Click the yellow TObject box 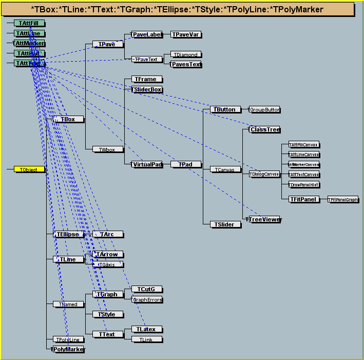pyautogui.click(x=29, y=169)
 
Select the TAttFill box pyautogui.click(x=29, y=23)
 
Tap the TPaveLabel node pyautogui.click(x=147, y=34)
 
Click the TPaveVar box pyautogui.click(x=186, y=34)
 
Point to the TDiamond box pyautogui.click(x=185, y=54)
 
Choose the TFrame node pyautogui.click(x=147, y=79)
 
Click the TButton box pyautogui.click(x=225, y=109)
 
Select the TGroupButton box pyautogui.click(x=264, y=109)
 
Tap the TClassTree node pyautogui.click(x=264, y=129)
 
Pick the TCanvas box pyautogui.click(x=225, y=169)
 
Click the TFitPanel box pyautogui.click(x=304, y=199)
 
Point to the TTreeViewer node pyautogui.click(x=264, y=219)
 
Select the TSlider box pyautogui.click(x=225, y=224)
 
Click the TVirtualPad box pyautogui.click(x=147, y=164)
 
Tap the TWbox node pyautogui.click(x=108, y=149)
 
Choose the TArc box pyautogui.click(x=107, y=234)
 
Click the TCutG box pyautogui.click(x=146, y=289)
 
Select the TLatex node pyautogui.click(x=146, y=329)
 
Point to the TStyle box pyautogui.click(x=107, y=314)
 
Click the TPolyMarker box pyautogui.click(x=68, y=349)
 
